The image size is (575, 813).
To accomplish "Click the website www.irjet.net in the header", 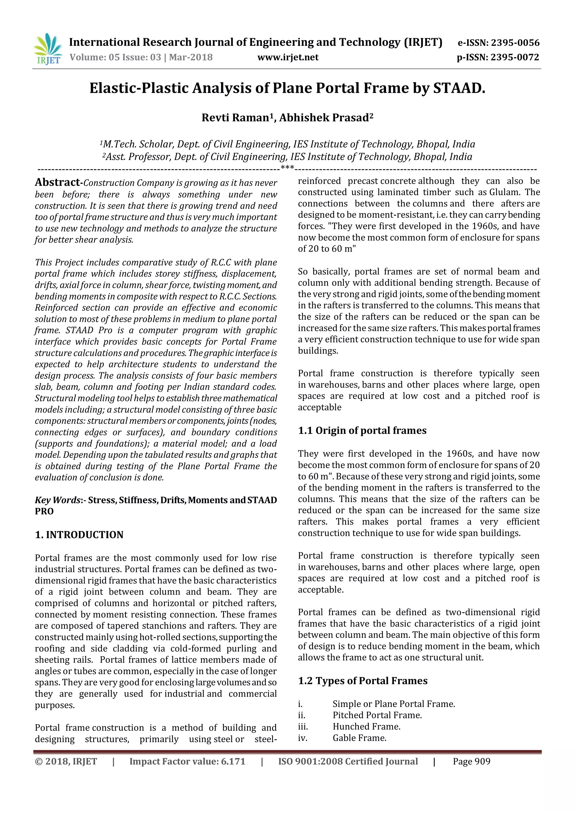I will coord(287,57).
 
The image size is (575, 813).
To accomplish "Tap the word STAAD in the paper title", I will coord(458,88).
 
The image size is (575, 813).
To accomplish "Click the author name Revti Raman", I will coord(235,118).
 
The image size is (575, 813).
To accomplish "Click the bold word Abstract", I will coord(57,182).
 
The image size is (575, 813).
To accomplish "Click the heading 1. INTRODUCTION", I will coord(79,535).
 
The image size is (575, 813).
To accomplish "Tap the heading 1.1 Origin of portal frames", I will coord(362,431).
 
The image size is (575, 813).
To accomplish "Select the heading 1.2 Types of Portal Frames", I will coord(362,681).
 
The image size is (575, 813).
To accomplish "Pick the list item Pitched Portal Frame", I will coord(377,715).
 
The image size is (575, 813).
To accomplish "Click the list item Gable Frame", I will coord(359,738).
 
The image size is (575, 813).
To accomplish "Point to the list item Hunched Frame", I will coord(366,727).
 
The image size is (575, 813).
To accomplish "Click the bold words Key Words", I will coord(57,500).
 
